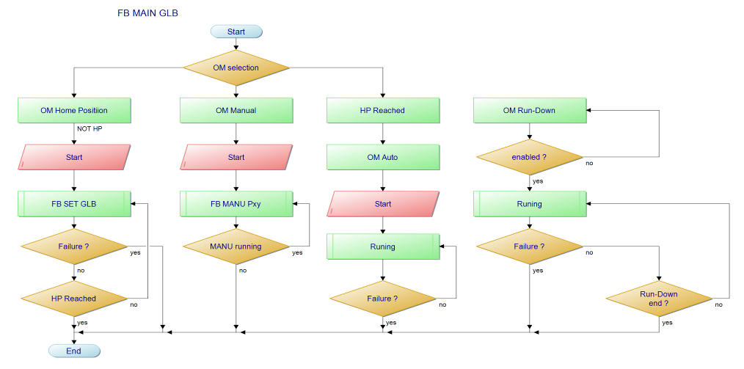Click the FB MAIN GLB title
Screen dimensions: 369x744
[x=147, y=13]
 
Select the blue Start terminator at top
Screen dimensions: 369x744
[x=236, y=32]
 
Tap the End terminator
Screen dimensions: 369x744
[x=74, y=351]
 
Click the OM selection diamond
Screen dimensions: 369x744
[x=236, y=67]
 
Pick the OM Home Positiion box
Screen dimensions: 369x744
[x=74, y=111]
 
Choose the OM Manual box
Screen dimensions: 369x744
[x=236, y=111]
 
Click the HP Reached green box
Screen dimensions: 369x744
[x=382, y=111]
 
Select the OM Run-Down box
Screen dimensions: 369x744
[x=529, y=111]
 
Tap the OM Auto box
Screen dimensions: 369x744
[x=382, y=157]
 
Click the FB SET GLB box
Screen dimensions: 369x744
[x=74, y=204]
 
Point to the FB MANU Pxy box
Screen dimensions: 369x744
[x=236, y=204]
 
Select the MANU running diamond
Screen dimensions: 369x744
[x=236, y=246]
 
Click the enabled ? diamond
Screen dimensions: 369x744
[x=529, y=157]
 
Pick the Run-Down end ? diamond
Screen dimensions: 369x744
[x=659, y=299]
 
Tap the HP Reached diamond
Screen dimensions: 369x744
[x=74, y=299]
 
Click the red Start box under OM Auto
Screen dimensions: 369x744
[x=382, y=204]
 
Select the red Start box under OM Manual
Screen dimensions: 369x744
[x=236, y=157]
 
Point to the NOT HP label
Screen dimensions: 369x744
[x=90, y=129]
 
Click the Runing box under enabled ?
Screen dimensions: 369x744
[x=529, y=204]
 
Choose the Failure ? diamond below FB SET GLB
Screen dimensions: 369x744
[x=74, y=246]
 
